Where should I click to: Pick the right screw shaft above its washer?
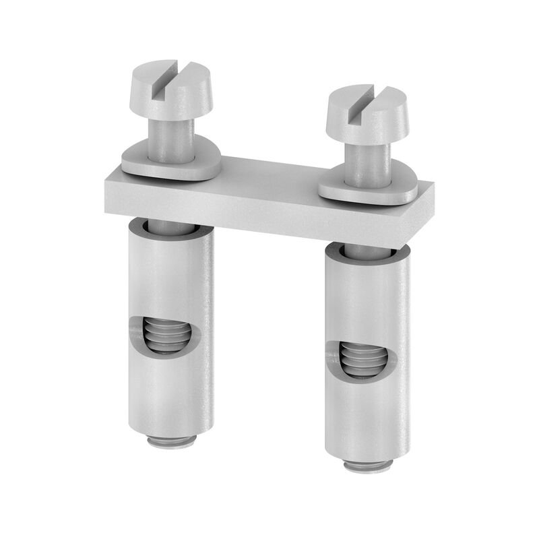[x=364, y=162]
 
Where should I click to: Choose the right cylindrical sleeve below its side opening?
[x=367, y=418]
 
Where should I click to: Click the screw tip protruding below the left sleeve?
[x=171, y=441]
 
